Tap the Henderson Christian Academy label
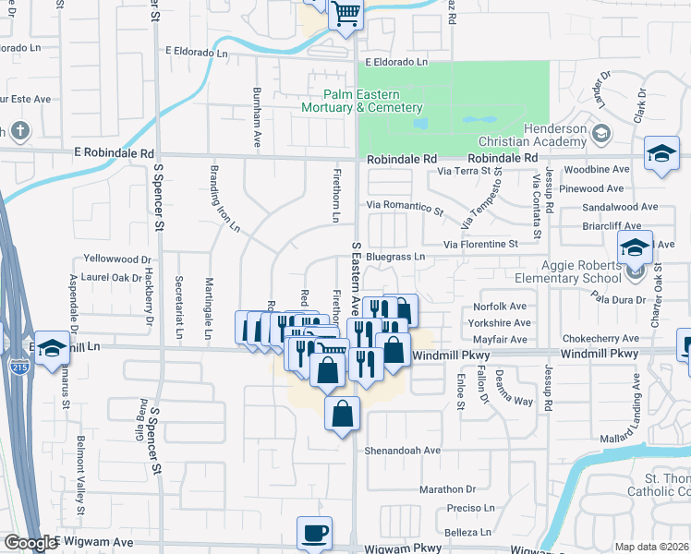point(529,135)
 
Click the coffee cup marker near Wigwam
point(314,534)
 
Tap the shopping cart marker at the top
point(345,14)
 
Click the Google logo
point(30,543)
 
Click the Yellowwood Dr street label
point(116,259)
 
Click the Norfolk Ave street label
point(499,307)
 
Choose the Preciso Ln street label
point(469,508)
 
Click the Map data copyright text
point(651,547)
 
